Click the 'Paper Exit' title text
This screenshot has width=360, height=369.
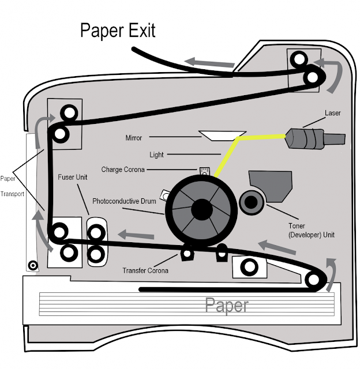(x=118, y=31)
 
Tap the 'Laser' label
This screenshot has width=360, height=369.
(x=332, y=113)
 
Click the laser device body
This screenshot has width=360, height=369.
(x=315, y=139)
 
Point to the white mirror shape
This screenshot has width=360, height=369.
(x=222, y=136)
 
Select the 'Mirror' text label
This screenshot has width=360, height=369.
(x=133, y=138)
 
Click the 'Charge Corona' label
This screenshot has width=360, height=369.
(x=123, y=170)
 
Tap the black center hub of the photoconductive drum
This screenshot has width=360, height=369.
(x=202, y=210)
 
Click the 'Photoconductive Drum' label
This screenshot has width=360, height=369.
(x=124, y=201)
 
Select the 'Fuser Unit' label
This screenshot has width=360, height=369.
(x=73, y=177)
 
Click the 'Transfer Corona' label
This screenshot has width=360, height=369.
(x=145, y=270)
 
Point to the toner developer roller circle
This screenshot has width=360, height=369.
(x=252, y=202)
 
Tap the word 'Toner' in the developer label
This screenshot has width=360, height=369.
(x=297, y=226)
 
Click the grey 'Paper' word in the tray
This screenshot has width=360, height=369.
(x=227, y=305)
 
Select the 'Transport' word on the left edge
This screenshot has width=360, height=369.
(x=12, y=194)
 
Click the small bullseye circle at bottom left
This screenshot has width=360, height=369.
(x=33, y=266)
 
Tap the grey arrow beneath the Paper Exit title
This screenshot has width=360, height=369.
(x=209, y=62)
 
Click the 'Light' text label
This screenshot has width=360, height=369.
(x=156, y=155)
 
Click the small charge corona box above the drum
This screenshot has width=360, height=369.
(x=204, y=171)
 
